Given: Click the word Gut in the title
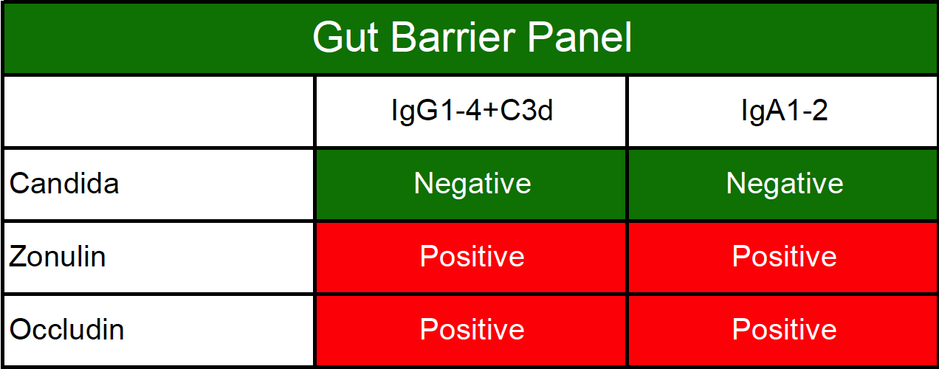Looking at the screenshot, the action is (x=345, y=38).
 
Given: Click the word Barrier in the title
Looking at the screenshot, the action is (x=453, y=38).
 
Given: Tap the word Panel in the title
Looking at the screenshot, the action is (x=579, y=38).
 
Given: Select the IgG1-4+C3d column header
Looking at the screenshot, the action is (x=472, y=111).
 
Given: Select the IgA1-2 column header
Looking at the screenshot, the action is (x=784, y=111).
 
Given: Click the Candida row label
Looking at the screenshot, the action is (x=64, y=184).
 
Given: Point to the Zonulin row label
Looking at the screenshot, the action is (x=57, y=256).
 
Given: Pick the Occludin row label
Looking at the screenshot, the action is (x=66, y=330).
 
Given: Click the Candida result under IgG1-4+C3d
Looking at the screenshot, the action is (x=472, y=184).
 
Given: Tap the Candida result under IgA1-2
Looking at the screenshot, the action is (x=784, y=184).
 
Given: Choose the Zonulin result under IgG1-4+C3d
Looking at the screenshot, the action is (x=472, y=256).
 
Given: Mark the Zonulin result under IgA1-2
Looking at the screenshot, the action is (x=784, y=256).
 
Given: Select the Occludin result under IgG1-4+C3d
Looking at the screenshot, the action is (x=472, y=330).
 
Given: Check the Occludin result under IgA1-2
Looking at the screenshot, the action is (x=784, y=330).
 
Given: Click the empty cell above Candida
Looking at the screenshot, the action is (x=159, y=111).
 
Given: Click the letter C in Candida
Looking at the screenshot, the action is (x=20, y=184).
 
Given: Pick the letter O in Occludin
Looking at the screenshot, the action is (x=21, y=330).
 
